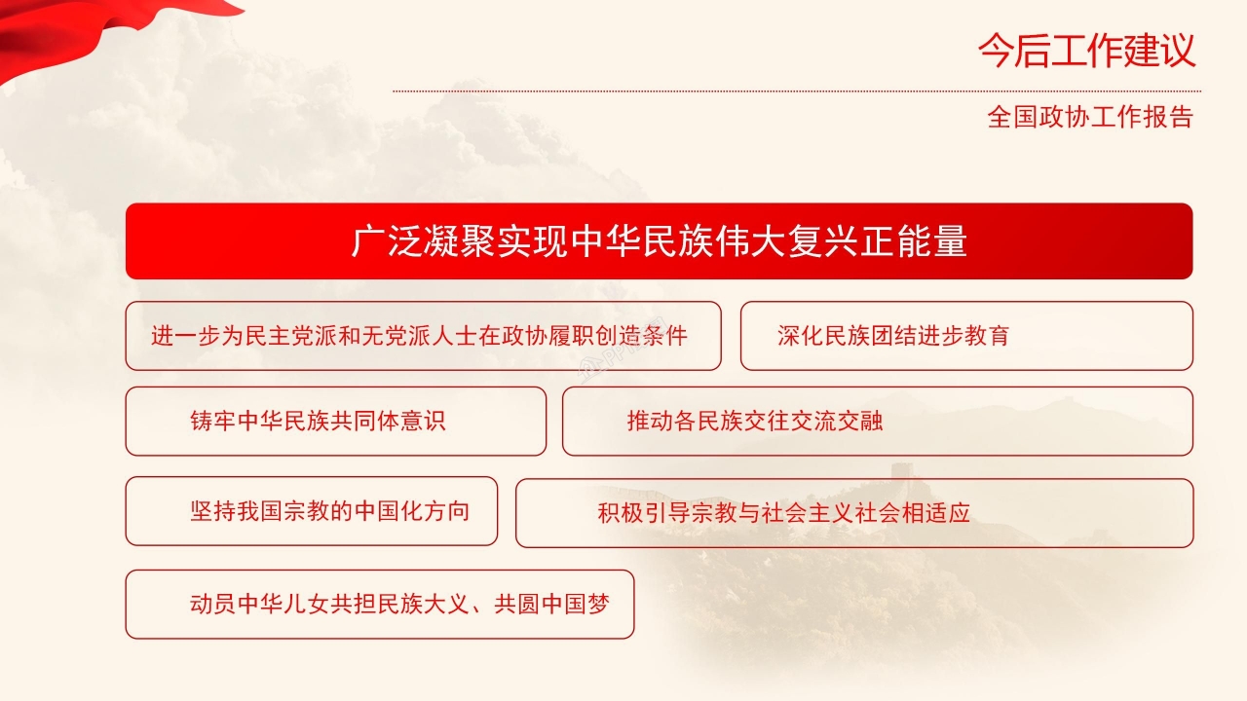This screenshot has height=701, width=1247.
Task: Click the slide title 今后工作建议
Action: pyautogui.click(x=1086, y=52)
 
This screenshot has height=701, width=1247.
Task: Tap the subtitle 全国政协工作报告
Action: pyautogui.click(x=1090, y=118)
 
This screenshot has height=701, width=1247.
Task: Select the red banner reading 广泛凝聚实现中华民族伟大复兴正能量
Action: pyautogui.click(x=659, y=241)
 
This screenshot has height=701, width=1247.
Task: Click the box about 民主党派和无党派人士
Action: pyautogui.click(x=423, y=336)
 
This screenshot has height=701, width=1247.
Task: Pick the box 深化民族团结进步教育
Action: pyautogui.click(x=966, y=336)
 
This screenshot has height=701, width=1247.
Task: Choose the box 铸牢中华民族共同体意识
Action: pyautogui.click(x=335, y=421)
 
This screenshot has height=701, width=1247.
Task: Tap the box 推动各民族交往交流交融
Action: pyautogui.click(x=877, y=421)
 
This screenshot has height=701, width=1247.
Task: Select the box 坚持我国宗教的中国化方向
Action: pyautogui.click(x=311, y=511)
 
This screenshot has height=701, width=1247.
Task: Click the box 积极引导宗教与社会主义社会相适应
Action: pyautogui.click(x=853, y=512)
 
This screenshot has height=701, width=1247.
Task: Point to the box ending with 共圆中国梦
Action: pyautogui.click(x=380, y=605)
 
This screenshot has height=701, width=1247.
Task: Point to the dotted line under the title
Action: pyautogui.click(x=796, y=92)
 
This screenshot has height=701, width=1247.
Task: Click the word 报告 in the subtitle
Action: pyautogui.click(x=1172, y=118)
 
